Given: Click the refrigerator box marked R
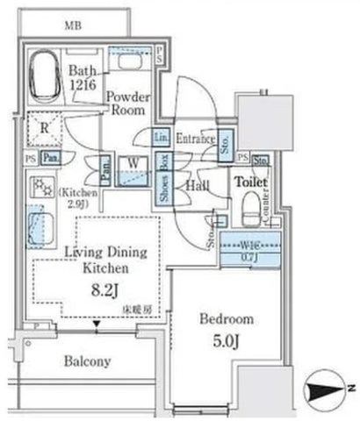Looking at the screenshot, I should (43, 130).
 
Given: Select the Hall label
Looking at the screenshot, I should (196, 186).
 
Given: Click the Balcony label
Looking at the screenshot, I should (86, 360).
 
